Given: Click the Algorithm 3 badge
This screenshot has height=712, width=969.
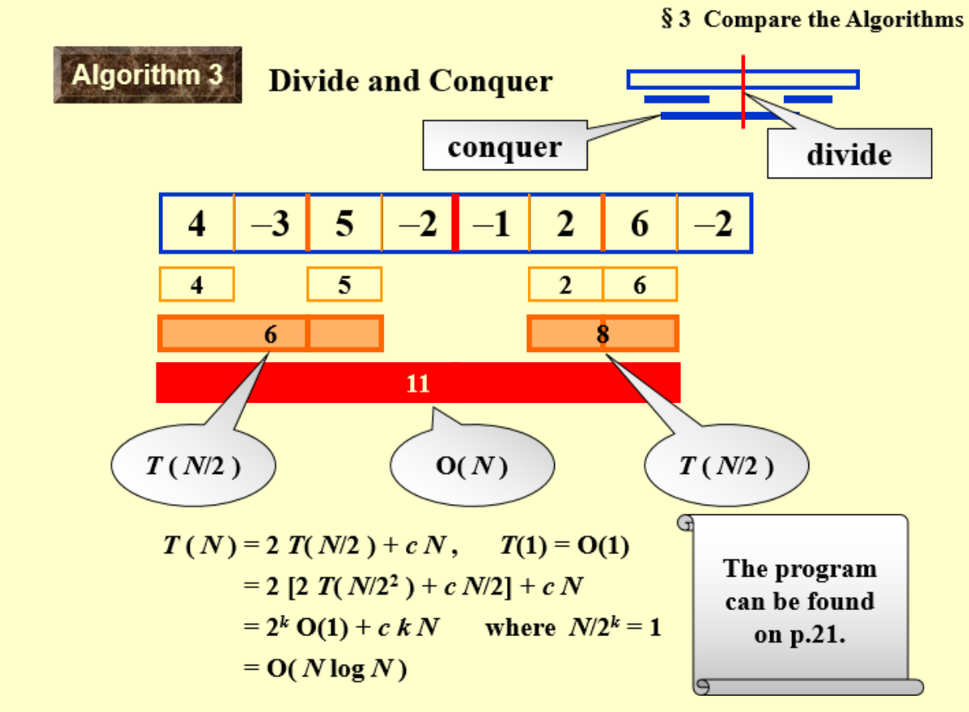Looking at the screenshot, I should pos(148,75).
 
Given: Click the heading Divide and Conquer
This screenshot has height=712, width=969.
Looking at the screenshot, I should pos(410,82).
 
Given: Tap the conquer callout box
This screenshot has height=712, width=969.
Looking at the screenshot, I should pos(504,147).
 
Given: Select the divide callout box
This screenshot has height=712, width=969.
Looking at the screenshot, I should pos(848,153).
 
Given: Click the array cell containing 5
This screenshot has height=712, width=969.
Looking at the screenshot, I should pos(345,223).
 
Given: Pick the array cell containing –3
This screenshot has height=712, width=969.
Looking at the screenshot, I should pos(271,223).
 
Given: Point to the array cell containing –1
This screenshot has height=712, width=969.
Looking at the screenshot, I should pos(492,223).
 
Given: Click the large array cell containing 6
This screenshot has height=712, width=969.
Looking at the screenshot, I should pos(640,223).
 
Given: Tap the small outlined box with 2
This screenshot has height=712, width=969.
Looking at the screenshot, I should pos(566,285).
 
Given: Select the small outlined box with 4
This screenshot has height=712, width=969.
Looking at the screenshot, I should pos(196,285).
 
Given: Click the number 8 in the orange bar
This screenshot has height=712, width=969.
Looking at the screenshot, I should pos(602,334).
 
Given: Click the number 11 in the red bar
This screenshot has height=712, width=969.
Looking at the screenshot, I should pos(417,383).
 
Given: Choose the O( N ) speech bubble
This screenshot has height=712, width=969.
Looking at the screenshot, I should pos(472,466).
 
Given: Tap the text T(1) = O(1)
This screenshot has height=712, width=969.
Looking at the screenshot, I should pos(564,546).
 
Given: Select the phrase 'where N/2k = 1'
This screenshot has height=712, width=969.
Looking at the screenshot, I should pos(572,628).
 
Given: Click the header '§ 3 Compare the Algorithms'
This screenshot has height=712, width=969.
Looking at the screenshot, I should pos(812,20).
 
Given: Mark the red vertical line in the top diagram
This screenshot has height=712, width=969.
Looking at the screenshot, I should pos(743,91).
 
